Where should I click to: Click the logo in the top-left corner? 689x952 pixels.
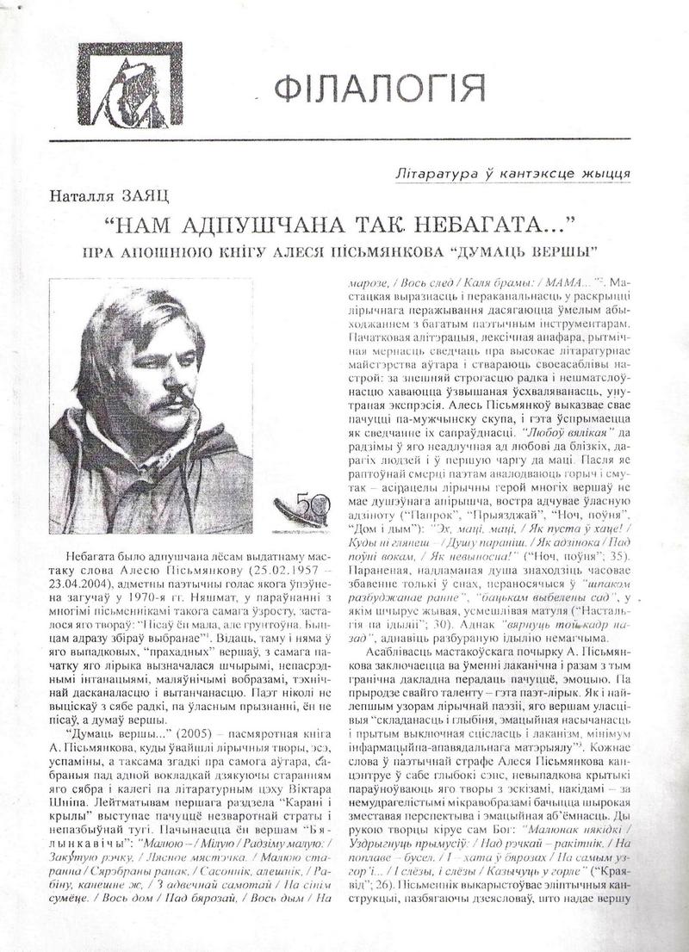click(x=130, y=85)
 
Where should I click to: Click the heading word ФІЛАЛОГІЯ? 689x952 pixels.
click(x=379, y=90)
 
